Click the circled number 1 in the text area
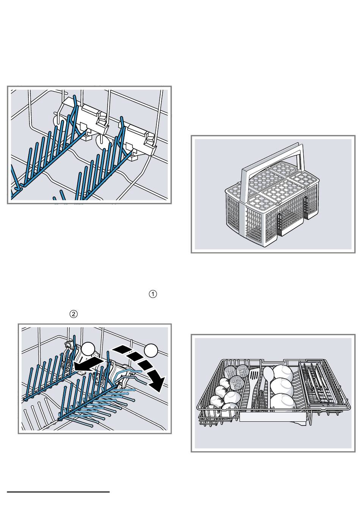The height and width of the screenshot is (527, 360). tap(153, 294)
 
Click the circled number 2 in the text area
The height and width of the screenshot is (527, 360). tap(74, 314)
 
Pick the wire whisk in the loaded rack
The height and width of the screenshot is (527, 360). tap(260, 401)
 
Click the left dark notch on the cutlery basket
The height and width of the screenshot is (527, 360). tap(280, 223)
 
